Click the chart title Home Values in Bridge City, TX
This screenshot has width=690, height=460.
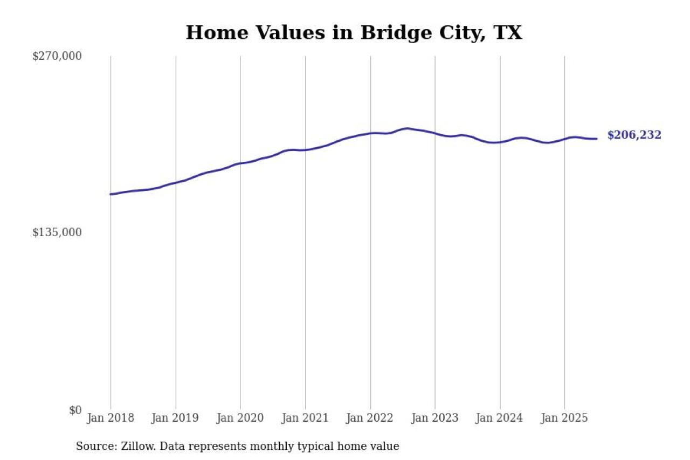tap(354, 33)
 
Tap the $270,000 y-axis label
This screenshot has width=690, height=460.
tap(57, 56)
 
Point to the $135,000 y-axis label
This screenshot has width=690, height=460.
tap(57, 232)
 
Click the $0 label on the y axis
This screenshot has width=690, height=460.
tap(75, 410)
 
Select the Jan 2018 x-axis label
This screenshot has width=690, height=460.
tap(111, 418)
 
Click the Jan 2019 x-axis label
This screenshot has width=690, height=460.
tap(175, 418)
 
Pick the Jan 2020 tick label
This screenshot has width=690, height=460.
tap(240, 418)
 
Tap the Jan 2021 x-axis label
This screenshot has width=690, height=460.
tap(305, 418)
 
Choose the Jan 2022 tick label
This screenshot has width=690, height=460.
tap(370, 418)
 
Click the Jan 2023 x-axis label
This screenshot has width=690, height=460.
tap(434, 418)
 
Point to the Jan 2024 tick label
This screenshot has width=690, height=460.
tap(500, 418)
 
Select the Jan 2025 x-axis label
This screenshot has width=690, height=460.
tap(564, 418)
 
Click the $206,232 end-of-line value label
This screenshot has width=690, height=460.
tap(634, 135)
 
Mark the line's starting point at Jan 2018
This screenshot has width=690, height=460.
tap(111, 194)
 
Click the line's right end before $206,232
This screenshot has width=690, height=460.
tap(596, 139)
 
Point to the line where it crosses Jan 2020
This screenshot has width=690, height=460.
tap(240, 163)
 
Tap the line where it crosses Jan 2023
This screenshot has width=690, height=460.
tap(435, 133)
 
